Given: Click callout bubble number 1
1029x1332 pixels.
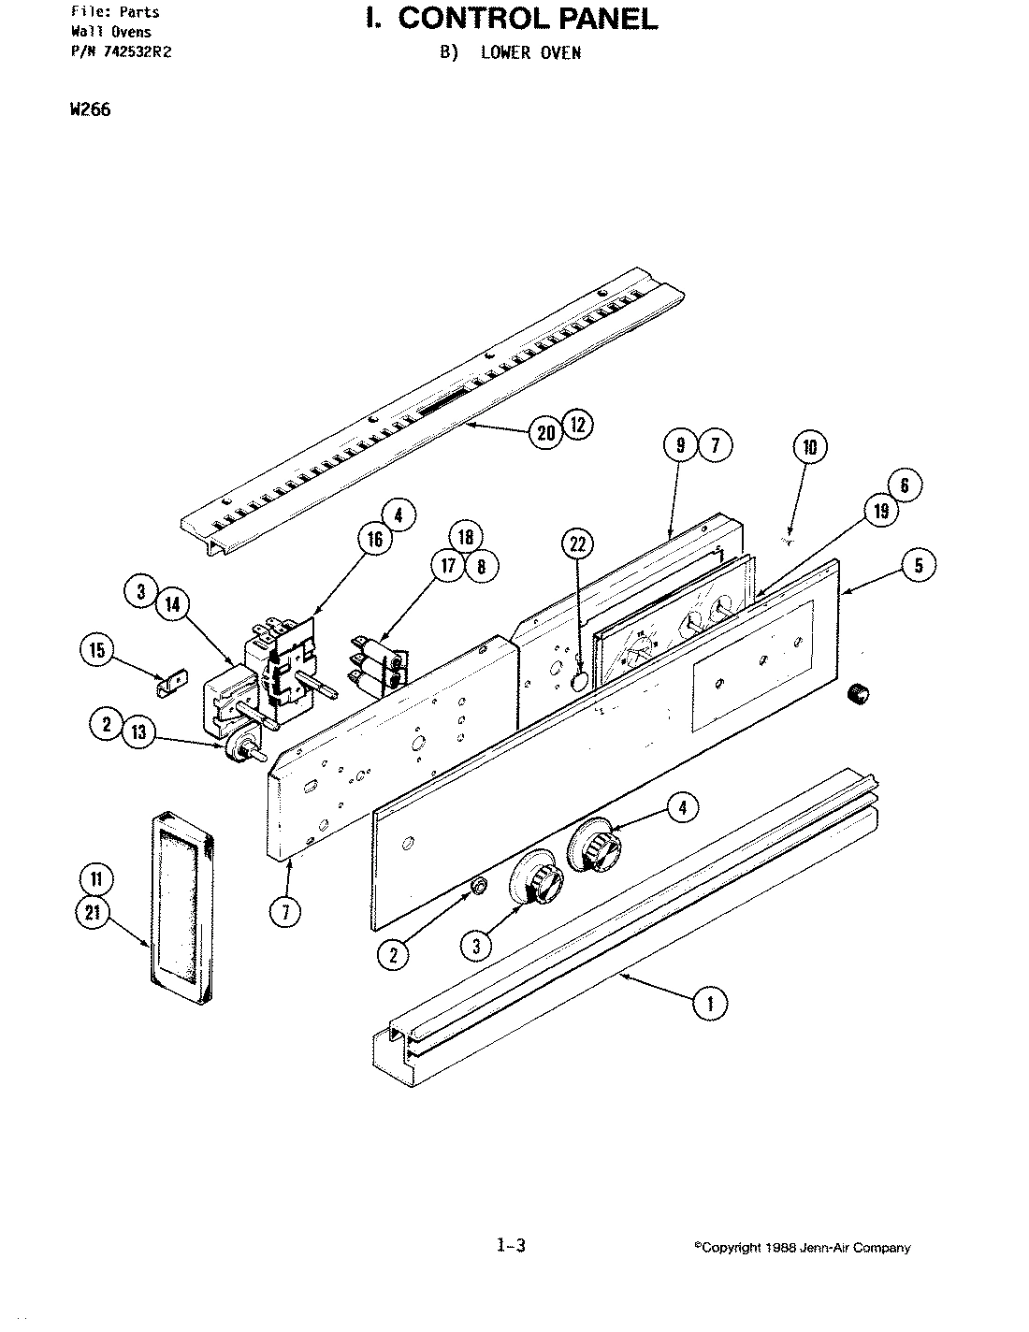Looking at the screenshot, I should click(709, 1005).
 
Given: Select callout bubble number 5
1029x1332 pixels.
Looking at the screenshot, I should click(919, 565).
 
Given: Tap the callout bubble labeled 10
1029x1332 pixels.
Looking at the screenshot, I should click(810, 447).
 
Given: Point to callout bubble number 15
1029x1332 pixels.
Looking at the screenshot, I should click(98, 650).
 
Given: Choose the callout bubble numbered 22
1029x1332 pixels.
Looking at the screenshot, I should click(578, 543).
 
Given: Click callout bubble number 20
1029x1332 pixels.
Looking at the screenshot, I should click(546, 431).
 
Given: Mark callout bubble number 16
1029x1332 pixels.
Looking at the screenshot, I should click(373, 540).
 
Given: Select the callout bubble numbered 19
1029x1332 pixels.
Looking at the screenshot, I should click(880, 511).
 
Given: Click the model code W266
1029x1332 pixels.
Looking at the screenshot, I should click(89, 109).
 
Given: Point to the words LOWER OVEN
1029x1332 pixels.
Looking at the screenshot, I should click(530, 53).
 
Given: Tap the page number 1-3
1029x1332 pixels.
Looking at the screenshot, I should click(511, 1245).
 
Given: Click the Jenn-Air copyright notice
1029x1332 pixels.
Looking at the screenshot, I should click(802, 1248).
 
